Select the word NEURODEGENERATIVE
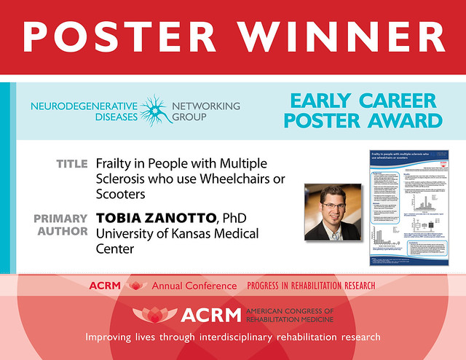coord(82,106)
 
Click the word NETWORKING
coord(205,106)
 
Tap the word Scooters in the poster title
coord(121,195)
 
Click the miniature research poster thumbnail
coord(406,207)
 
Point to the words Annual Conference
coord(194,286)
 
